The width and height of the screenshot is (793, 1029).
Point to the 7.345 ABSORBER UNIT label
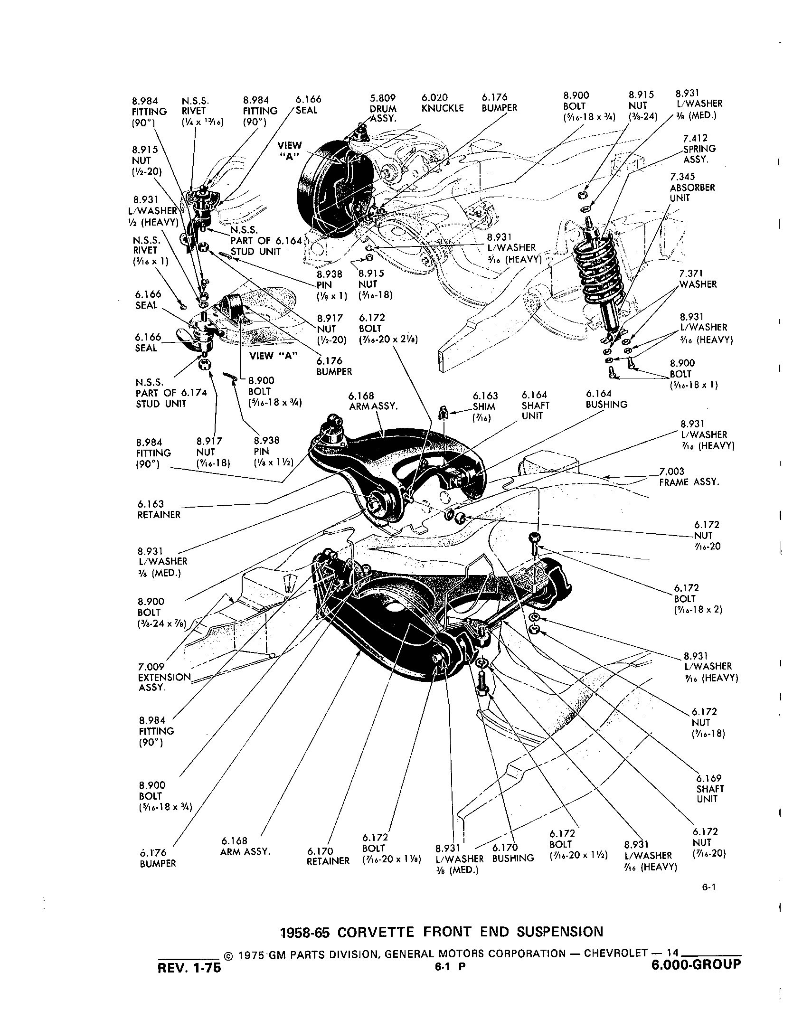point(692,187)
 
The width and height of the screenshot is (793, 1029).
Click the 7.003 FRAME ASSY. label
point(689,477)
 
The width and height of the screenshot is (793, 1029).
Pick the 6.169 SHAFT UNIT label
point(710,789)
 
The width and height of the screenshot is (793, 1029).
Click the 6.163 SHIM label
point(485,406)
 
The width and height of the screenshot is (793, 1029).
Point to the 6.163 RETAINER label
point(159,510)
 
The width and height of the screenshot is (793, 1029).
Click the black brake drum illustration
point(328,190)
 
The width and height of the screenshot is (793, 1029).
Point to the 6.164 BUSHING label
point(606,399)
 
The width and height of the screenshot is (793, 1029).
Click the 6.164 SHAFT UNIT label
point(535,405)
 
